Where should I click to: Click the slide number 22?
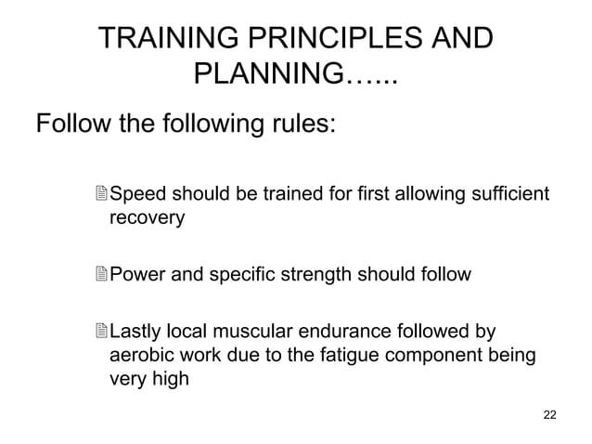[549, 413]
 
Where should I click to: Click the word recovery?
[148, 218]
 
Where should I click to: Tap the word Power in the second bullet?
[136, 275]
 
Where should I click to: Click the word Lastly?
[135, 333]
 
